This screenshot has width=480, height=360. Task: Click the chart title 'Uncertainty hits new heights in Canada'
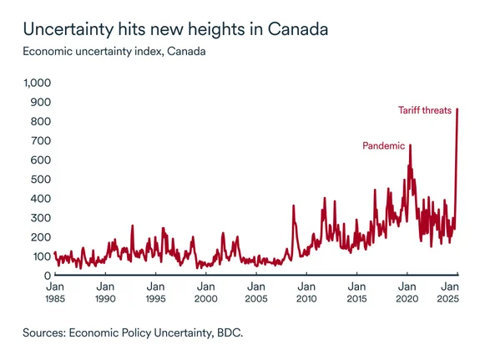(x=175, y=28)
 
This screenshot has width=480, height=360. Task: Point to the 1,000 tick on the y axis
(x=37, y=84)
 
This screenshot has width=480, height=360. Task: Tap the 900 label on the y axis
(x=42, y=103)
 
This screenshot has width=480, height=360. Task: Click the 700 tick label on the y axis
(x=42, y=141)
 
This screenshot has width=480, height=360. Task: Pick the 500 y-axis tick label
(x=42, y=180)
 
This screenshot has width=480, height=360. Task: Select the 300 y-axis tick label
(x=42, y=218)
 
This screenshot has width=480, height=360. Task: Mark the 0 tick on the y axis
(x=48, y=276)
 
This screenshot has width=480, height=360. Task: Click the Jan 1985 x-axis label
(x=55, y=292)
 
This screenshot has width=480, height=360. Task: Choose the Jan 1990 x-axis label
(x=105, y=292)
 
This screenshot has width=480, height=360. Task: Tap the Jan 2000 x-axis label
(x=206, y=292)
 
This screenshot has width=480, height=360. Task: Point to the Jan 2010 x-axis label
(x=306, y=292)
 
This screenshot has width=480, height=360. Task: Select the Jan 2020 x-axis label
(x=407, y=292)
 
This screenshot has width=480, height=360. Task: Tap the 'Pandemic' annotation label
(x=383, y=146)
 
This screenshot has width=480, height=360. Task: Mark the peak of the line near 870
(x=457, y=109)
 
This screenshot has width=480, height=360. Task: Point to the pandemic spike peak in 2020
(x=410, y=145)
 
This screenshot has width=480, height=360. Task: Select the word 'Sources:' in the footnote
(x=48, y=333)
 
